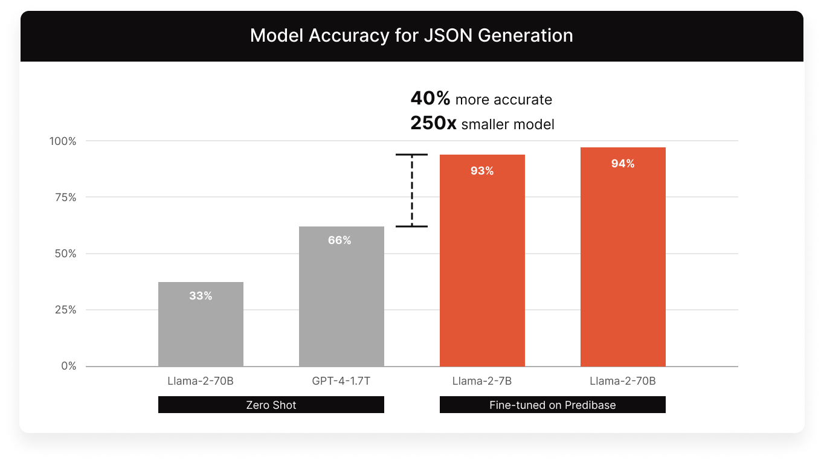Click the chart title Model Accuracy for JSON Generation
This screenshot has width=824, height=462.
pos(411,36)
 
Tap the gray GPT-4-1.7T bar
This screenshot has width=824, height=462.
pos(341,296)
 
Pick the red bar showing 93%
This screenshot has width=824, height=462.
pos(482,260)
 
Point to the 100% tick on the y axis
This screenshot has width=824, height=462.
pos(63,141)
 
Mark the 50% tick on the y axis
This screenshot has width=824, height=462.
pos(64,254)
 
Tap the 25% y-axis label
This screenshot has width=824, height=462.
pos(64,310)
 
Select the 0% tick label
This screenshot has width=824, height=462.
pos(68,366)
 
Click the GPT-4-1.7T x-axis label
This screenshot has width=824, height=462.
pos(341,381)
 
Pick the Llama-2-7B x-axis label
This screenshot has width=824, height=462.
pos(482,381)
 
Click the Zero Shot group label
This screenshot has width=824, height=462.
pos(271,405)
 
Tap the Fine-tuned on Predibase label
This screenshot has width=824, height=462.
pos(552,405)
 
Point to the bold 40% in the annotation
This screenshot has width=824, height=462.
pos(430,98)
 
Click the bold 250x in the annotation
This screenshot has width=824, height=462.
pos(433,124)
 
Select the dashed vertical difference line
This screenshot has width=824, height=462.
pos(412,190)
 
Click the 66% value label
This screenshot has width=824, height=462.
pos(340,240)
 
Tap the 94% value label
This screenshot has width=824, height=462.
pos(623,164)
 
